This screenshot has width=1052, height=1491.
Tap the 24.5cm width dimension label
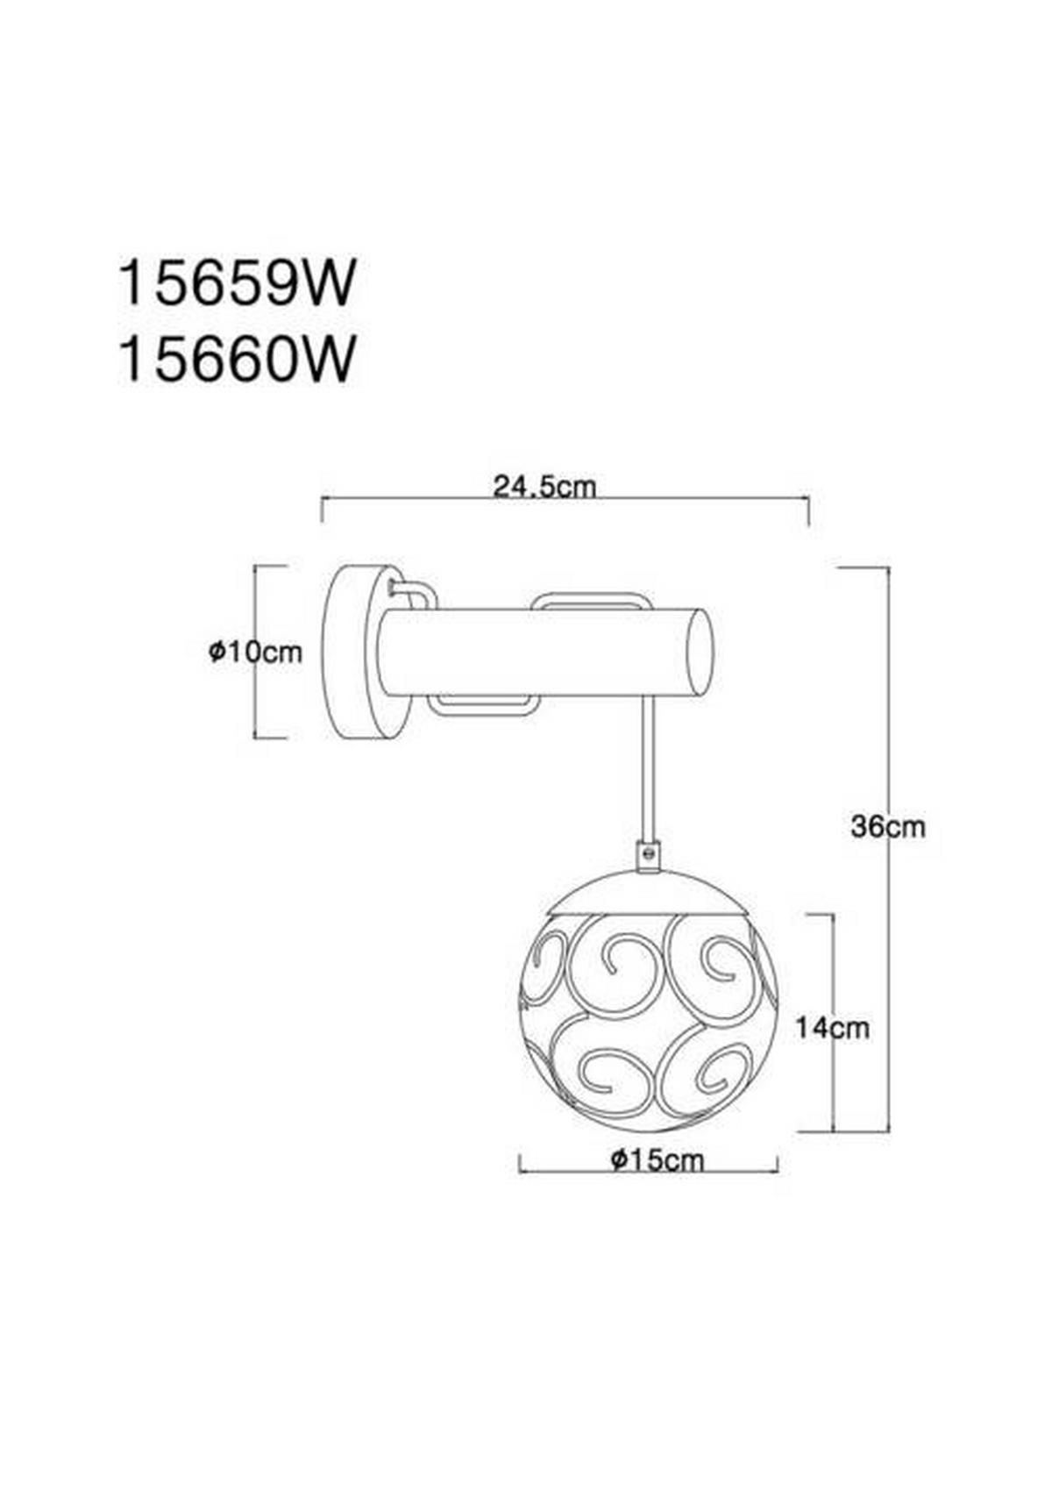click(x=544, y=488)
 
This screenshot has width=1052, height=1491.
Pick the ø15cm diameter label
click(x=657, y=1160)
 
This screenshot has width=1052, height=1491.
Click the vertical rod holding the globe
click(x=648, y=769)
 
